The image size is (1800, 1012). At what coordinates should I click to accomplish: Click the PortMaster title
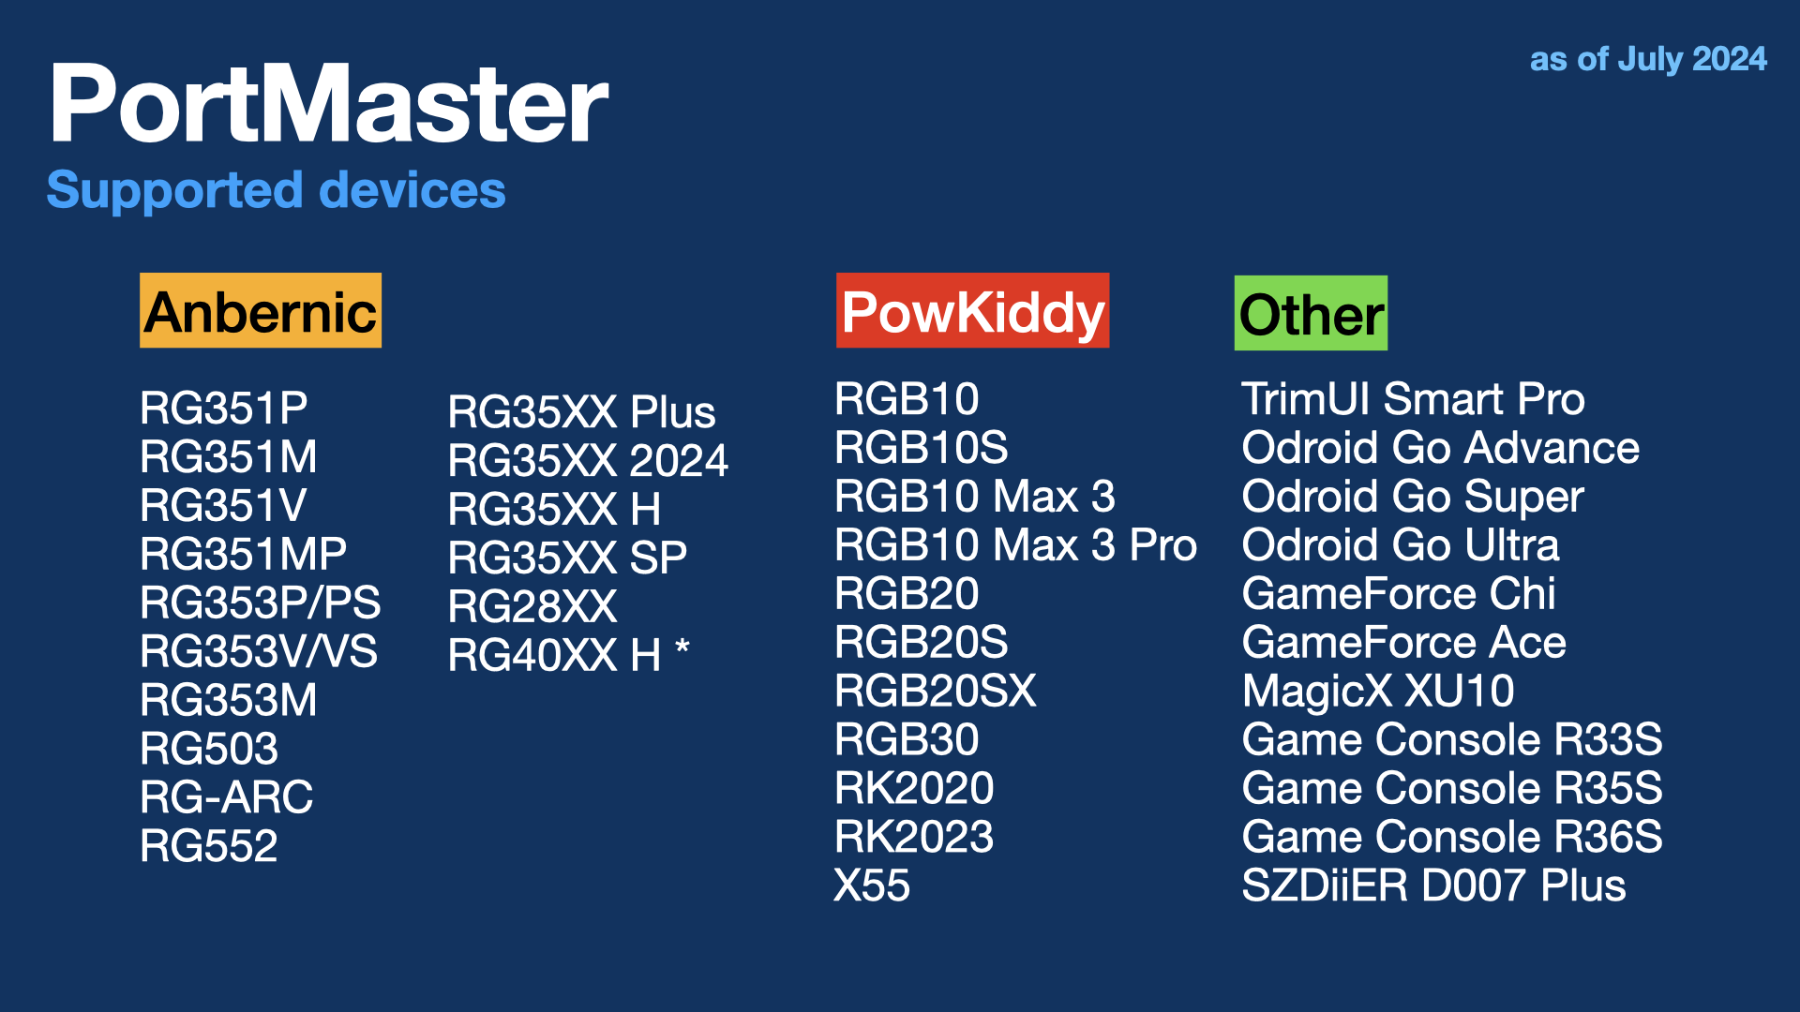click(329, 103)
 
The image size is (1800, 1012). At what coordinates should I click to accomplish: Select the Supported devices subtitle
click(277, 190)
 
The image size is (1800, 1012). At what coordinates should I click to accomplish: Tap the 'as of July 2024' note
click(1648, 59)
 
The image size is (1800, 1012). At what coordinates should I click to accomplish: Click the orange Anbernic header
click(261, 310)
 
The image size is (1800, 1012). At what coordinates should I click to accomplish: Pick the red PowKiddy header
click(972, 310)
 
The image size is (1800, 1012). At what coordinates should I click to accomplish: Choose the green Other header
click(1311, 313)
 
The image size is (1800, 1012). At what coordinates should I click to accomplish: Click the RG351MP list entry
click(243, 554)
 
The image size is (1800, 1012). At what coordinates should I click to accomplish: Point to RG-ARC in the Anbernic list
click(226, 797)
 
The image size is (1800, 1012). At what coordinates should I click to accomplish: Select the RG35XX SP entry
click(567, 558)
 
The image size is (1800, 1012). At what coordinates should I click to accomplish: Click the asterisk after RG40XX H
click(682, 647)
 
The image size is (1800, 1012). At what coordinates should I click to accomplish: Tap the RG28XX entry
click(532, 607)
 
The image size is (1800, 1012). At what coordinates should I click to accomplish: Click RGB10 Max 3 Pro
click(1015, 545)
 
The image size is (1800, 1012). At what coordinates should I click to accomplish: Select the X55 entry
click(872, 885)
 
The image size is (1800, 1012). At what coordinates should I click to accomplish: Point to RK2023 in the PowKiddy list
click(914, 837)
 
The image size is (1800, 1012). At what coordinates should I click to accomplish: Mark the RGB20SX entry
click(936, 692)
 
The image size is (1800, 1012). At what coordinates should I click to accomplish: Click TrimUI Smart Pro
click(1413, 399)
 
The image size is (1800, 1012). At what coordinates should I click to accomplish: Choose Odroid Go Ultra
click(1401, 545)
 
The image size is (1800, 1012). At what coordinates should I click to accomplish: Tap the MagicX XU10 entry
click(1378, 692)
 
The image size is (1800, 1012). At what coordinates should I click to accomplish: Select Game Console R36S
click(1452, 837)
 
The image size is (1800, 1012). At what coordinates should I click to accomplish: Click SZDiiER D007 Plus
click(1433, 885)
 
